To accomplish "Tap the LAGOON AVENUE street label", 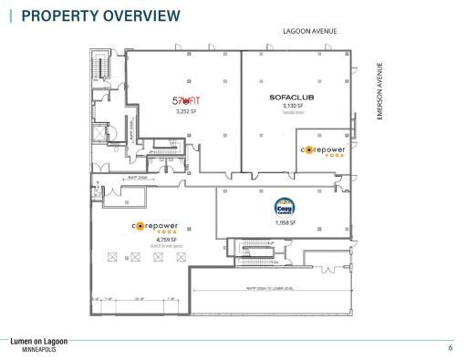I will click(310, 31).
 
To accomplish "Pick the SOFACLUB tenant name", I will click(292, 97).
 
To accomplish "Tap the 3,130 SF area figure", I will click(292, 106).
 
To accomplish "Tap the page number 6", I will click(450, 347).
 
